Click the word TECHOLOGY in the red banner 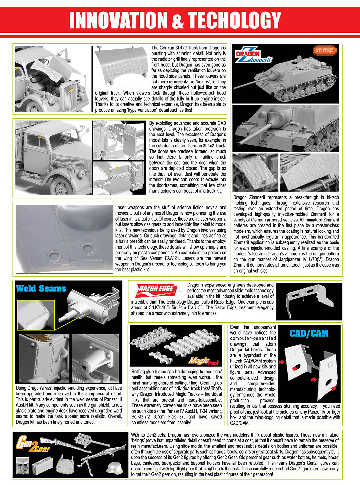tap(235, 20)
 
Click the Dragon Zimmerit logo tap(254, 55)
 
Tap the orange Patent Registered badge tap(325, 50)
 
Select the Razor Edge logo tap(157, 290)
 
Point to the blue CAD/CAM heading tap(309, 333)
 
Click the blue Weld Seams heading tap(41, 288)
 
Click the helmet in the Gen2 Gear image tap(115, 468)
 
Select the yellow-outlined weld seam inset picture tap(36, 315)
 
